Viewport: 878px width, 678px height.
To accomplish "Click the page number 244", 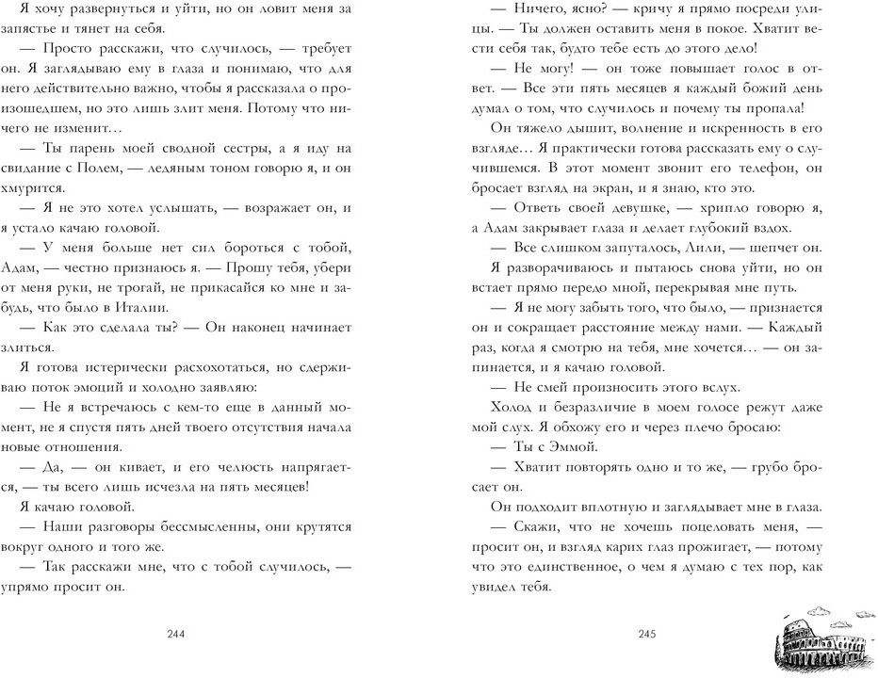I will [174, 633].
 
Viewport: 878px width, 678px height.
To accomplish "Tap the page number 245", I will [645, 633].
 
